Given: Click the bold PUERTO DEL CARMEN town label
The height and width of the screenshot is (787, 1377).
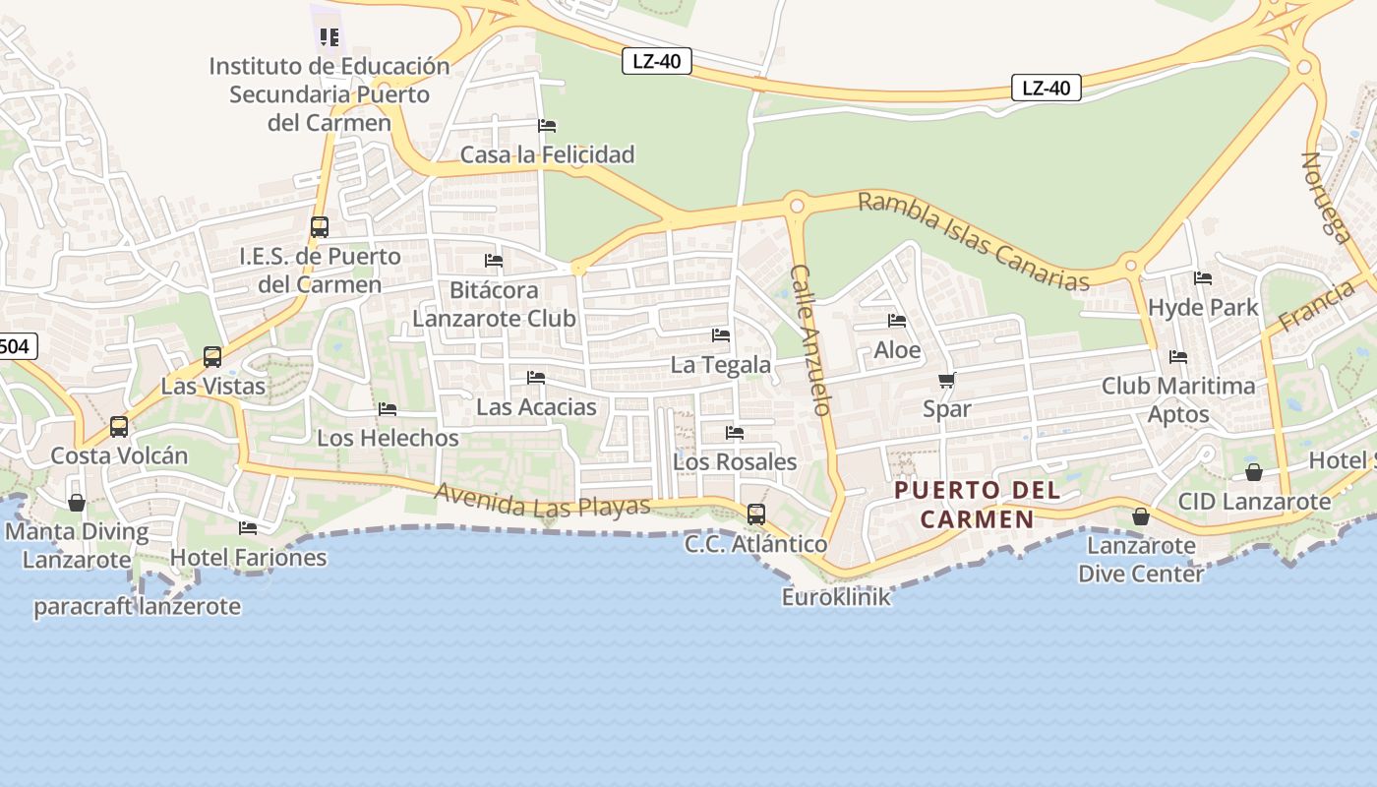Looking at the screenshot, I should coord(977,504).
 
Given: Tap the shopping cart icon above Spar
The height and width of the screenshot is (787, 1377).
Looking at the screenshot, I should coord(946,380).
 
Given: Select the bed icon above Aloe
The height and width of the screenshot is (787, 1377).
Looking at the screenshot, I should coord(896,321).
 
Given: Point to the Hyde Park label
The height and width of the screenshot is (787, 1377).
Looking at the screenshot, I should coord(1202,307).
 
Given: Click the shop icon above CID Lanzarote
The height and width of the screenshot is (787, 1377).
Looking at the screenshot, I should coord(1253,473).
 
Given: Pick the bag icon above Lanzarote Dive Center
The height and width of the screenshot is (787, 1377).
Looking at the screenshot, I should coord(1140,516).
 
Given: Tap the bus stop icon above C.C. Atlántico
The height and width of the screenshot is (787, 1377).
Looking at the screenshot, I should coord(755,515).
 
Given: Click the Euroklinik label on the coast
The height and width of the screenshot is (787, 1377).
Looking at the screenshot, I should coord(836,596).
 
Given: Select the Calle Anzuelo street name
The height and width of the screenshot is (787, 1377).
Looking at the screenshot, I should coord(812,339).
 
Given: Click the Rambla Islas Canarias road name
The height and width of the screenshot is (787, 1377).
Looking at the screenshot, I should coord(973,241).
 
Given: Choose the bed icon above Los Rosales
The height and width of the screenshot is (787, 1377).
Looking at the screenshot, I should coord(734,433).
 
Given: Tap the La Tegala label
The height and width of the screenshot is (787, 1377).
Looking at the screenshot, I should coord(720,364).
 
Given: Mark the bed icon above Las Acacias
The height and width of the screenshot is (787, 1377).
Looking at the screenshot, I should coord(536,378).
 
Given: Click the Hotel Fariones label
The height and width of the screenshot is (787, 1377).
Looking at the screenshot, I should coord(248,557).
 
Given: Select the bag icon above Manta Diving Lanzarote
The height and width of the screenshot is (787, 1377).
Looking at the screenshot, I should coord(77,504).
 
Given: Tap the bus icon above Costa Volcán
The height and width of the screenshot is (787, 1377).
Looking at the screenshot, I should coord(119,427).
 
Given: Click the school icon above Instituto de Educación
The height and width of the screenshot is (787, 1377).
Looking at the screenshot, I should coord(329,37).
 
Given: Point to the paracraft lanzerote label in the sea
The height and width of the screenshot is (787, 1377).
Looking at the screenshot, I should coord(137,606).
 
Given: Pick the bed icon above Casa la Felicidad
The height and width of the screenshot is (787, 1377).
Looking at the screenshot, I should coord(547,126).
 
